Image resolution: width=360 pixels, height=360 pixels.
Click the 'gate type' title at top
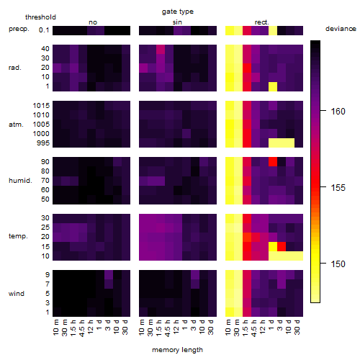pyautogui.click(x=178, y=12)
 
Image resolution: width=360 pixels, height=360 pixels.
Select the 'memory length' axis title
pyautogui.click(x=177, y=350)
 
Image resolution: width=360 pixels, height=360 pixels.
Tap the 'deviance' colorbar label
pyautogui.click(x=341, y=29)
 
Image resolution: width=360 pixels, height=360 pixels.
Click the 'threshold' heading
pyautogui.click(x=40, y=17)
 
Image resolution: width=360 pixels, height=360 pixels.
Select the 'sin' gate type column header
pyautogui.click(x=177, y=22)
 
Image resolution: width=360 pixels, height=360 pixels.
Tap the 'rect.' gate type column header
pyautogui.click(x=261, y=22)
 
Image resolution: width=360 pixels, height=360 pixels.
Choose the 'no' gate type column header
pyautogui.click(x=93, y=22)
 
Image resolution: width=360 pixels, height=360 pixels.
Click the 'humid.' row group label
pyautogui.click(x=20, y=181)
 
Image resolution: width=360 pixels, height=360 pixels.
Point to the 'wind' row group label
pyautogui.click(x=17, y=294)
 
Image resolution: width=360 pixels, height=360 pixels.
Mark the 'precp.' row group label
pyautogui.click(x=19, y=29)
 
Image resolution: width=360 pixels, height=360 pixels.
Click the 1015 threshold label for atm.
pyautogui.click(x=41, y=105)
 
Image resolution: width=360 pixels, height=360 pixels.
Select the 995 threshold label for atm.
pyautogui.click(x=43, y=143)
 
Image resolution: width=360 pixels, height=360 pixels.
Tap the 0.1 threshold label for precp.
pyautogui.click(x=44, y=30)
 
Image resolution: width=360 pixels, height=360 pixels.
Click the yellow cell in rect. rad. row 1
pyautogui.click(x=273, y=86)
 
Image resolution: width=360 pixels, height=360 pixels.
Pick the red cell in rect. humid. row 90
pyautogui.click(x=273, y=161)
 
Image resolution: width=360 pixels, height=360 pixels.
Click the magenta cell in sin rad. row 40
pyautogui.click(x=161, y=49)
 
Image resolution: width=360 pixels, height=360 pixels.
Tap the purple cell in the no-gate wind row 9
pyautogui.click(x=109, y=274)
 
